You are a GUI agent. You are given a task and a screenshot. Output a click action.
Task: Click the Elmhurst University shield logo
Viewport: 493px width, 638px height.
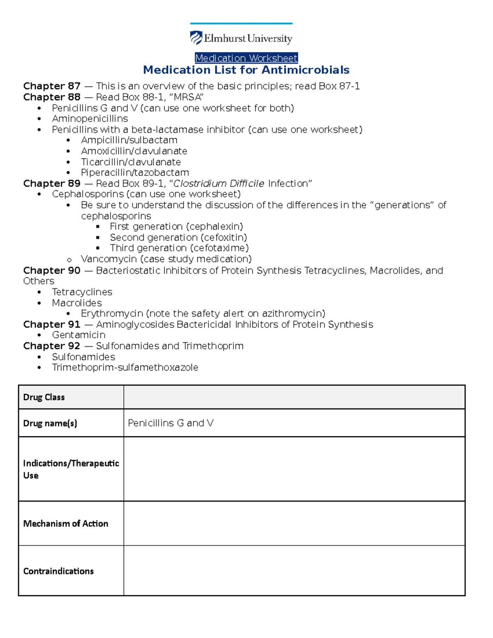(x=196, y=38)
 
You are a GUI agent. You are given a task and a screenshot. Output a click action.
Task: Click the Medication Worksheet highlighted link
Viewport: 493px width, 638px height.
(x=246, y=58)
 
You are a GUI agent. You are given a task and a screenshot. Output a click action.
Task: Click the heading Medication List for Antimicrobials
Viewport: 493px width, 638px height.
(x=246, y=70)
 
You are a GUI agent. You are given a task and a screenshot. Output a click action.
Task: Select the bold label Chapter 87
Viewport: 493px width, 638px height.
(x=52, y=86)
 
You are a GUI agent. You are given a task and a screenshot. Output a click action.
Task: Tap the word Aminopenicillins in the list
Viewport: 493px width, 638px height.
(x=90, y=119)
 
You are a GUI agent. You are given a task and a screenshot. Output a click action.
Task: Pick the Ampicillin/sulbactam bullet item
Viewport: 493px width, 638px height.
(x=129, y=140)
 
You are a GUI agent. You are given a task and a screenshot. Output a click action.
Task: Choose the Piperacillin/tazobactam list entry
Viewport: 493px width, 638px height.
(x=135, y=173)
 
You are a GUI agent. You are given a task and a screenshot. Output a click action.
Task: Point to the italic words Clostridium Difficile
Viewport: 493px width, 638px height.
(x=219, y=184)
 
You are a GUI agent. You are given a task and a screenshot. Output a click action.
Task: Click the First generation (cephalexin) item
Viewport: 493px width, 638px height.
(x=176, y=226)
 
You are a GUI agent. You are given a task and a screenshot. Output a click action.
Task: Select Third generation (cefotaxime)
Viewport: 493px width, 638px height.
(x=179, y=248)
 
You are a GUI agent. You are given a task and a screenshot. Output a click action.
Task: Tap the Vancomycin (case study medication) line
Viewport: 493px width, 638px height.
(x=166, y=259)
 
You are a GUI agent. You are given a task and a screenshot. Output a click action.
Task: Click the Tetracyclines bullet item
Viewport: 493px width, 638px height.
(x=82, y=292)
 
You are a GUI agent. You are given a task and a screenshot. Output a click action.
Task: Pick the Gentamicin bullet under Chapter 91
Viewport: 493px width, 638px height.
(x=78, y=335)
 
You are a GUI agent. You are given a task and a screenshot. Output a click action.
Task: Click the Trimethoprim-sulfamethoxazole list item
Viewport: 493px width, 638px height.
(x=125, y=367)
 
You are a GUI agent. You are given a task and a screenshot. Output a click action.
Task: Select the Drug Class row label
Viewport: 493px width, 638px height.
(x=44, y=397)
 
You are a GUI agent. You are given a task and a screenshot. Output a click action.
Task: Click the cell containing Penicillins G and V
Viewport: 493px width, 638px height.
(x=294, y=423)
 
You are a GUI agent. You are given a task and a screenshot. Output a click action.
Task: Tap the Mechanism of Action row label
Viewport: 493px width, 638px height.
(x=66, y=523)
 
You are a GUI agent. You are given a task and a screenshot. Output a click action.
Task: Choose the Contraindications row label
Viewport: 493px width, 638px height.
(x=58, y=571)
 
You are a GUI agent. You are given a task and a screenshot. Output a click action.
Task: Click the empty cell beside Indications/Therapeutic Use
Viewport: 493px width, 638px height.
(x=294, y=469)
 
